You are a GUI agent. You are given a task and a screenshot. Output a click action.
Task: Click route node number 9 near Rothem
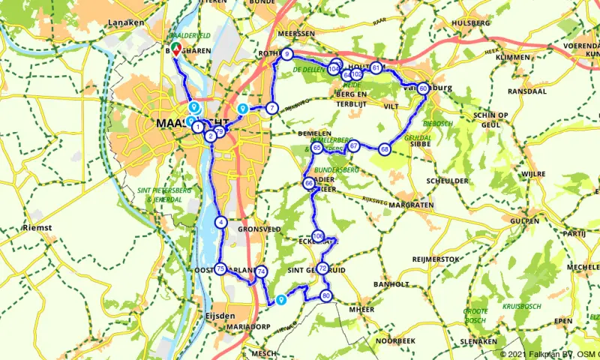[x=287, y=54]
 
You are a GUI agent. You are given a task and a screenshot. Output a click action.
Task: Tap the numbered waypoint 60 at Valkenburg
[x=424, y=88]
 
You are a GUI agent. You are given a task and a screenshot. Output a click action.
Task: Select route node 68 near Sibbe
[x=385, y=149]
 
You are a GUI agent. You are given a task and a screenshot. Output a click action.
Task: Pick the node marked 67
[x=353, y=146]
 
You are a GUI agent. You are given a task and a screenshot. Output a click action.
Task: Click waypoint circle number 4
[x=221, y=222]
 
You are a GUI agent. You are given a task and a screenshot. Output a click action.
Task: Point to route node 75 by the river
[x=220, y=269]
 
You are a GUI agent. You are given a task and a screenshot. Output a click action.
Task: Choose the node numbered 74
[x=261, y=271]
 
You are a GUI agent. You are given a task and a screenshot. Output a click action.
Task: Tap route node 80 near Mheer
[x=325, y=295]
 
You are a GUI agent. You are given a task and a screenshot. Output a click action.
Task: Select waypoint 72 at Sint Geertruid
[x=322, y=268]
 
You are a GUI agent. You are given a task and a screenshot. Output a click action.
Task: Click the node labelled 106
[x=318, y=236]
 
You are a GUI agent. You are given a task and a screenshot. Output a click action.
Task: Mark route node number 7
[x=271, y=108]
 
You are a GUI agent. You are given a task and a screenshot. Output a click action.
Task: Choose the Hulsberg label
[x=471, y=22]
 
